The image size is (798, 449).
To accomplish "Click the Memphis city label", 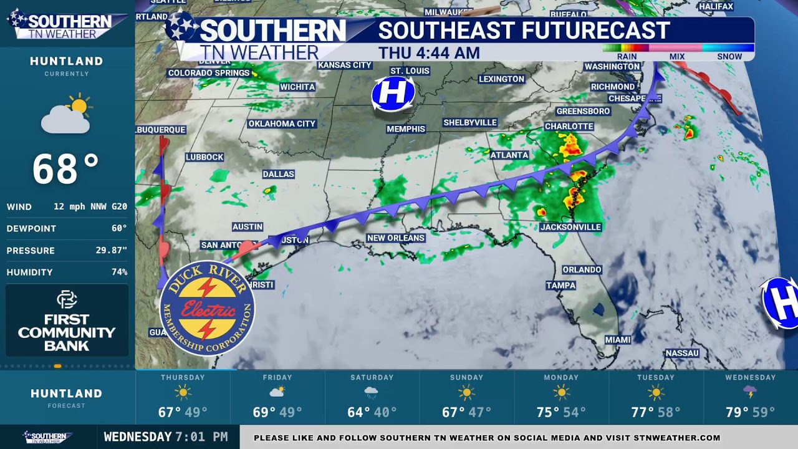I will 406,129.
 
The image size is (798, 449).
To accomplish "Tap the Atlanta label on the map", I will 509,155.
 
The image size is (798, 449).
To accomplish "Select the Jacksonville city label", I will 570,227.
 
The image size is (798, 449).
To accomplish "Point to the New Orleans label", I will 396,238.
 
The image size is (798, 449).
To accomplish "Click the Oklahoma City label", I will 282,123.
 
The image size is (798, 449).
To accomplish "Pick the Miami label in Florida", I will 618,340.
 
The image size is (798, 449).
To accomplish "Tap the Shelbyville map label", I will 470,122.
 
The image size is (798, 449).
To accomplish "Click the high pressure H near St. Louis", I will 393,94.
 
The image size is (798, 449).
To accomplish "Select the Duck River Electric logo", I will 208,308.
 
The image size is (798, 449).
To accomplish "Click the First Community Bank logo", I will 67,321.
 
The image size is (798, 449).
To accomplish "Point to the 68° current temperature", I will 65,170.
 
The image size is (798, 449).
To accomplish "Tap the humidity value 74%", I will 119,272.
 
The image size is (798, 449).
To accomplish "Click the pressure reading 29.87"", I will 114,250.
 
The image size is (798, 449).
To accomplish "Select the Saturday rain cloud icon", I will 372,393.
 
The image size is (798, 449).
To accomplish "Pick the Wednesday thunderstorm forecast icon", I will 750,392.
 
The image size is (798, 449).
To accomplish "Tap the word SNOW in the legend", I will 729,56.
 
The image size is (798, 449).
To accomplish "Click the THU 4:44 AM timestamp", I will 429,53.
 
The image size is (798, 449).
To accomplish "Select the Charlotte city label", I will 569,126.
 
